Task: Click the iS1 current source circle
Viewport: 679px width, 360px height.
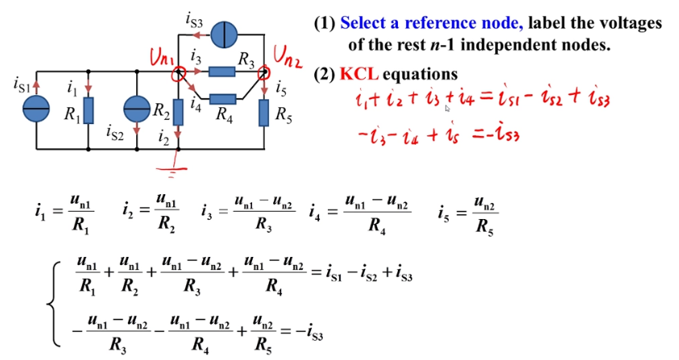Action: (36, 109)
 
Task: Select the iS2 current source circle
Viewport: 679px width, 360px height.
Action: (138, 110)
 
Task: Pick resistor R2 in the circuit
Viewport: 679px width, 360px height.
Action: (177, 111)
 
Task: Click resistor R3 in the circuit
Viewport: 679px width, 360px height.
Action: (221, 72)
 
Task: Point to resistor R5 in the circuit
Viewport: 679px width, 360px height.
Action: (264, 113)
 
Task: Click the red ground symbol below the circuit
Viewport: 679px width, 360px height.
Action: (176, 166)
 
